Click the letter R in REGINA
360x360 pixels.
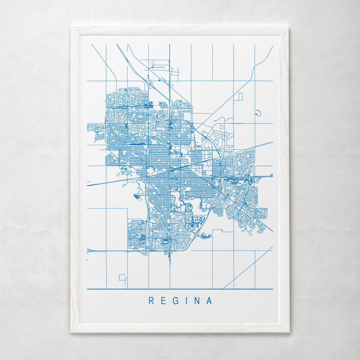151,301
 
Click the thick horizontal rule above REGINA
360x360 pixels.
180,289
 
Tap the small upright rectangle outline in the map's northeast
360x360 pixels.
240,97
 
